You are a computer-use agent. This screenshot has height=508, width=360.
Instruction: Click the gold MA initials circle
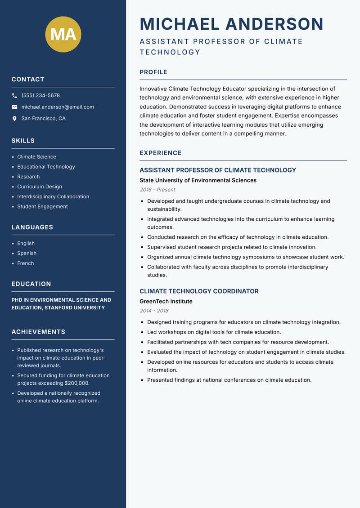[63, 34]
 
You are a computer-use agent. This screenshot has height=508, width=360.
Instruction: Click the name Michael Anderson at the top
[231, 24]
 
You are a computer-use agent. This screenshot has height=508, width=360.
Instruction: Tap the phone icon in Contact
[14, 96]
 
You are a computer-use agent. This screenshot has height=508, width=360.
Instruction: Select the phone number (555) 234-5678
[40, 96]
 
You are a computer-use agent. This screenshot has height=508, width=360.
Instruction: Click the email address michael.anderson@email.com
[58, 107]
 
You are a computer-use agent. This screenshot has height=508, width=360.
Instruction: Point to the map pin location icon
[14, 119]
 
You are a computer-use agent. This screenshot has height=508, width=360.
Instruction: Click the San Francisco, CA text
[43, 119]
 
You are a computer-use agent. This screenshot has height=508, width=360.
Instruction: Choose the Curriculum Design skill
[40, 187]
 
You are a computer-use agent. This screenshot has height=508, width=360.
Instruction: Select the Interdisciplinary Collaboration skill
[53, 196]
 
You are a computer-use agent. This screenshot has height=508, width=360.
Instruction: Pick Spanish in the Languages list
[27, 253]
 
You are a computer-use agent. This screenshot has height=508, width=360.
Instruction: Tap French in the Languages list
[26, 263]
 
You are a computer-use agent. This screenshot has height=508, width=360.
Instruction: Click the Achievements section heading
[38, 332]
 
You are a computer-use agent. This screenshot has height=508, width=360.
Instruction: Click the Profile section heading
[153, 72]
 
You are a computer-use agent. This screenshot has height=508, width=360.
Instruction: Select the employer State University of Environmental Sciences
[198, 180]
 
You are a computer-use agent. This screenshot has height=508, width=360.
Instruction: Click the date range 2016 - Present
[157, 190]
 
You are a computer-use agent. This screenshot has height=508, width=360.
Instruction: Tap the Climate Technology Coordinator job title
[199, 291]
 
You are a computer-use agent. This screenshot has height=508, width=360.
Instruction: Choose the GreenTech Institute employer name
[166, 301]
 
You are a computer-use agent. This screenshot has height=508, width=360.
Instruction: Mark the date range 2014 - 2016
[154, 311]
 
